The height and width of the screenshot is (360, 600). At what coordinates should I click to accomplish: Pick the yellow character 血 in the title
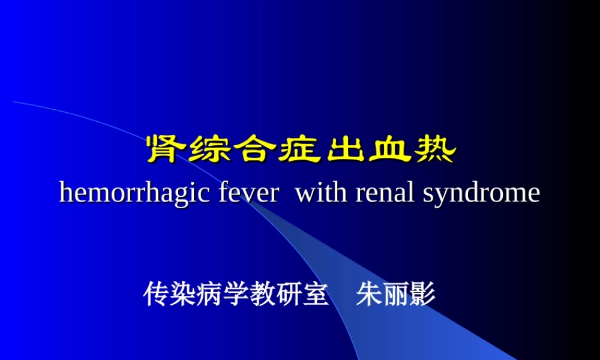(x=389, y=149)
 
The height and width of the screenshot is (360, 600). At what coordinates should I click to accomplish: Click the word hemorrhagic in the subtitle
(x=135, y=193)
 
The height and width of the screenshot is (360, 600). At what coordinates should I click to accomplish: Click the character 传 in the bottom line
(x=157, y=295)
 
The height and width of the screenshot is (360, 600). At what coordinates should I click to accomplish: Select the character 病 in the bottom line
(x=209, y=295)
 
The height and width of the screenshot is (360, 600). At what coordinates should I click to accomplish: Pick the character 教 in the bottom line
(x=262, y=295)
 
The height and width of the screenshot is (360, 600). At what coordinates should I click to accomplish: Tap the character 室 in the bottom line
(x=315, y=295)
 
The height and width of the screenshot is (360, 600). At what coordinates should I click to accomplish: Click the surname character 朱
(x=369, y=295)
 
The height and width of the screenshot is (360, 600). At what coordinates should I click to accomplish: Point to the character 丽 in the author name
(x=396, y=295)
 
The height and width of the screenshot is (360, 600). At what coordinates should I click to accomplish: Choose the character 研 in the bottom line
(x=289, y=295)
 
